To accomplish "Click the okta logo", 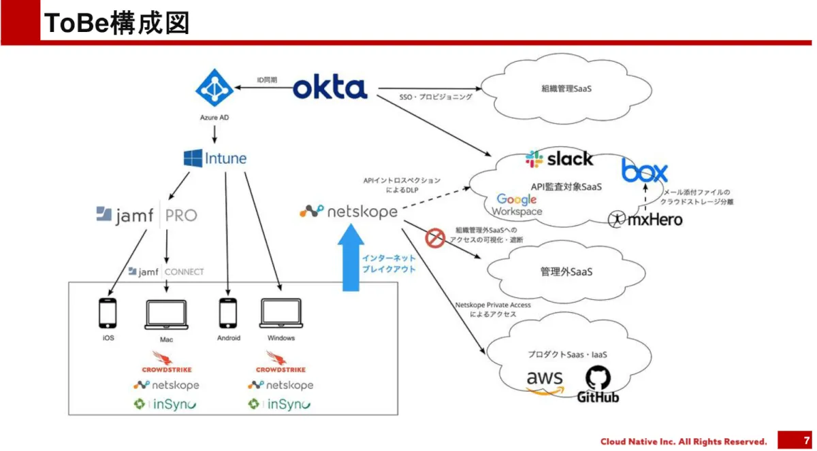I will (x=330, y=88).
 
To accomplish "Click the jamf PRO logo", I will (x=146, y=215).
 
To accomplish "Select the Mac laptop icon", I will (x=167, y=314).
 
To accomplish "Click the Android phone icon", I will (x=229, y=314).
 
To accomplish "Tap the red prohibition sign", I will (x=434, y=238).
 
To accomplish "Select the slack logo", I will (x=559, y=159).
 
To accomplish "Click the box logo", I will (x=644, y=170).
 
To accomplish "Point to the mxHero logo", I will (x=645, y=219).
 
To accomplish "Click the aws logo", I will (x=545, y=381).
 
